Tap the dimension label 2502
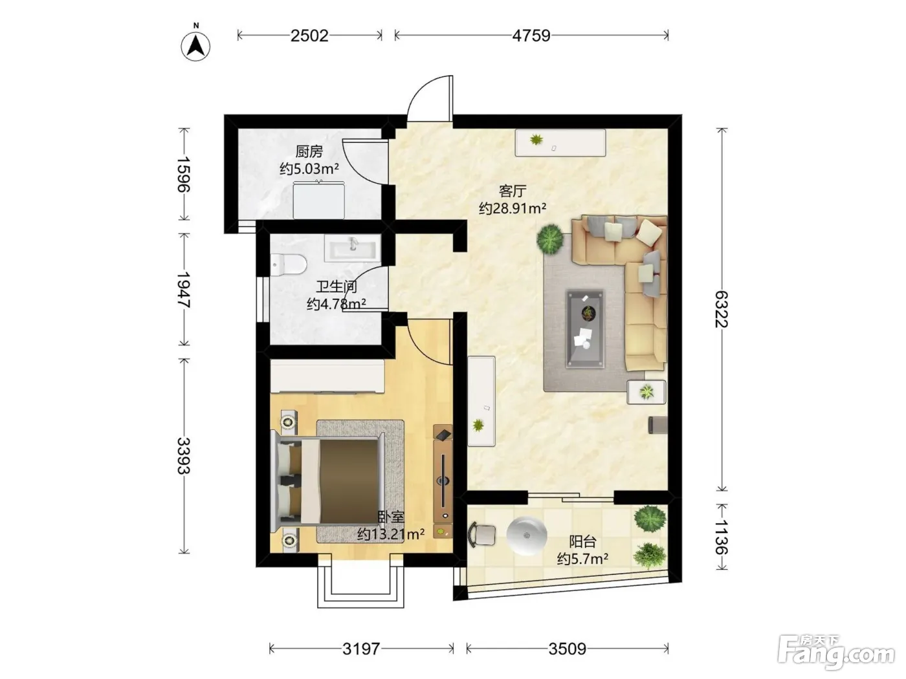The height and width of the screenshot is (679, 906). tap(309, 36)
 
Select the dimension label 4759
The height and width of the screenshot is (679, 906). tap(531, 36)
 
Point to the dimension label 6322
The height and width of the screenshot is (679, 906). tap(722, 309)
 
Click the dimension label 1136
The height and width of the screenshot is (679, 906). tap(722, 536)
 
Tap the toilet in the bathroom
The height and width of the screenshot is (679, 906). tap(288, 264)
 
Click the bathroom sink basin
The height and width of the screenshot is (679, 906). tap(352, 248)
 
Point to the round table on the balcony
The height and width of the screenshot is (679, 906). tap(527, 535)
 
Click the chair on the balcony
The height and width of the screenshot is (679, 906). tap(482, 535)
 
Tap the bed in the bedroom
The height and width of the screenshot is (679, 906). tap(327, 482)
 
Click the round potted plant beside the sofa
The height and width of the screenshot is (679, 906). tap(550, 239)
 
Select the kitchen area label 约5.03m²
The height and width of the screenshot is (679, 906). tap(309, 169)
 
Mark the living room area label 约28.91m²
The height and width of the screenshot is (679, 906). tap(513, 208)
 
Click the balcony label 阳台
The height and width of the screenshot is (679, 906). tap(582, 541)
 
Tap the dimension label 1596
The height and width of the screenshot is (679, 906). tap(184, 175)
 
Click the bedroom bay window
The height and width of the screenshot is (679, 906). tap(360, 581)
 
